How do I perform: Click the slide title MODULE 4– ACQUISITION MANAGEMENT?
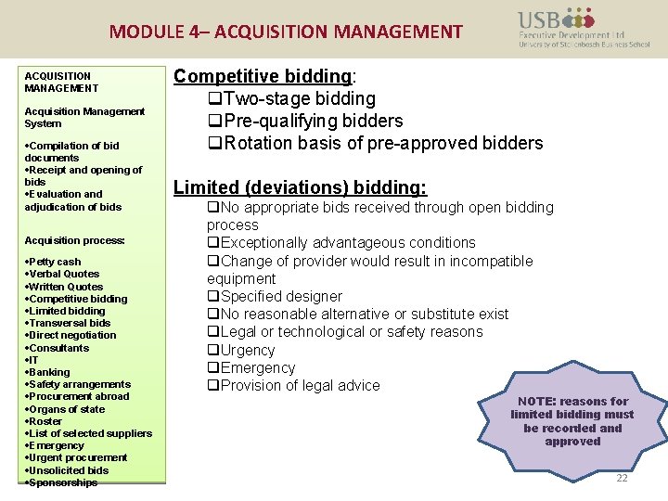286,32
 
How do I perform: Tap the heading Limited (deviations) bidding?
300,187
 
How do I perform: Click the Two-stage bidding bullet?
291,98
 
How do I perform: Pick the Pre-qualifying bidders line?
304,121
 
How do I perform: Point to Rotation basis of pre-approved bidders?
375,143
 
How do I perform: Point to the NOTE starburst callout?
572,421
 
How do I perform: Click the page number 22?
622,478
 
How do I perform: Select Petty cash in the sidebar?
55,263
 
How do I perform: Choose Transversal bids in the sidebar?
70,323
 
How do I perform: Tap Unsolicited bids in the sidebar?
69,470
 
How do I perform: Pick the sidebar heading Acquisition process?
74,240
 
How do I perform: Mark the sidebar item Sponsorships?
63,482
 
